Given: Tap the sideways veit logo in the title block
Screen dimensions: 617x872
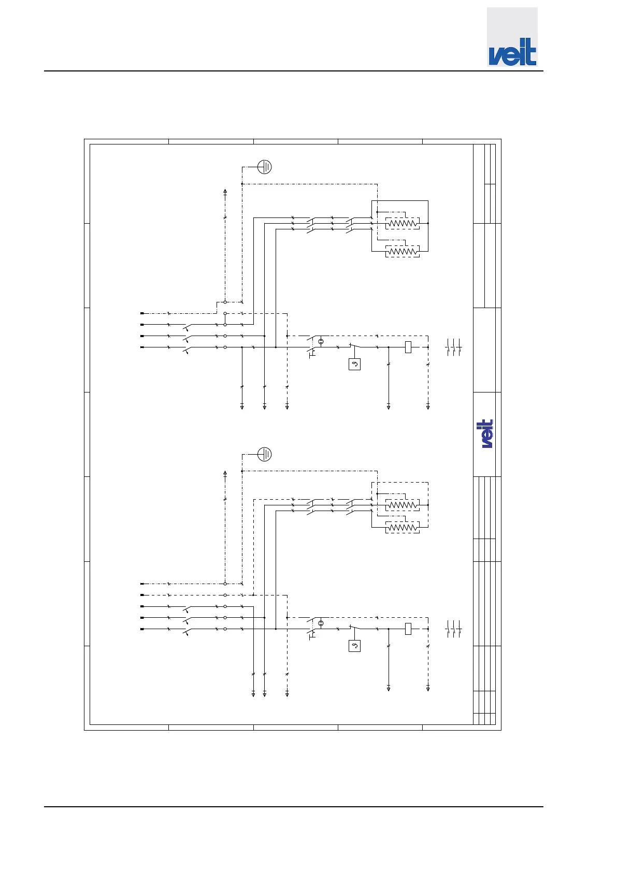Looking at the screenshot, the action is (487, 434).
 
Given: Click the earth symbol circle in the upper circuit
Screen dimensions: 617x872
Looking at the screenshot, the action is (265, 167).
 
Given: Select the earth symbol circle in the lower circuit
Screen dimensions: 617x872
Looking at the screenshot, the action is (265, 454).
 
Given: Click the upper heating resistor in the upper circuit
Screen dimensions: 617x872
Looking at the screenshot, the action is (403, 223).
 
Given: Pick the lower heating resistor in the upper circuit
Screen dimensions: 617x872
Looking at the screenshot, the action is (403, 252).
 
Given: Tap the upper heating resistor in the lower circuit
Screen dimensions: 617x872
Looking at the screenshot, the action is (403, 505).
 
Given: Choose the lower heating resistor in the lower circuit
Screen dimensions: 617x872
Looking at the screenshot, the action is (403, 528).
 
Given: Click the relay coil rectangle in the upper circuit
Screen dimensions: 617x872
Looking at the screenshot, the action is (408, 347).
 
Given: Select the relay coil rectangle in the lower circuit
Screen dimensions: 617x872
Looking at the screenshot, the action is (408, 629).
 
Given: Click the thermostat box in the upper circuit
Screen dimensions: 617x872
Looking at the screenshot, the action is (354, 365).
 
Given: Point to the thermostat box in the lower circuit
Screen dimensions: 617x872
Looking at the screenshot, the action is (354, 646).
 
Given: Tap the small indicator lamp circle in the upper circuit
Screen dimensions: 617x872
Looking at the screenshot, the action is (321, 342).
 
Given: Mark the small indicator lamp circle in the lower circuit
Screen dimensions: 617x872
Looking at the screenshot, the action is (321, 623).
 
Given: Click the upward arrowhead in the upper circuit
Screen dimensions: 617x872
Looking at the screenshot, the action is (225, 191).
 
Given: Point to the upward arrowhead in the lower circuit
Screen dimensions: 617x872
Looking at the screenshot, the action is (225, 473).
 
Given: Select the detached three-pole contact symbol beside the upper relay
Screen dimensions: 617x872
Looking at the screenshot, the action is (453, 347).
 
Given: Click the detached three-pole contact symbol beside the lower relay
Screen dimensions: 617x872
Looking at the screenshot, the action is (453, 629).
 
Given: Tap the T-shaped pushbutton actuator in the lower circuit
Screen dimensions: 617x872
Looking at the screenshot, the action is (312, 636).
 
